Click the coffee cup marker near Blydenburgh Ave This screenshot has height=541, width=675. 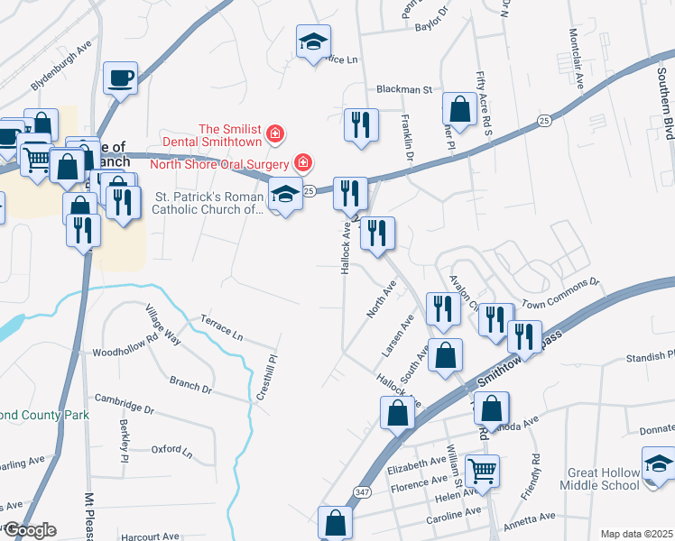pos(120,78)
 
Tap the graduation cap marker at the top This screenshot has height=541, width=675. pos(314,41)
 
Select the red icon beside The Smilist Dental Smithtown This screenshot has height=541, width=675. pos(275,135)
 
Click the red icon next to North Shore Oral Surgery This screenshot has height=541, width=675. pos(304,163)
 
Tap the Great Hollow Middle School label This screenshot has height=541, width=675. pos(604,479)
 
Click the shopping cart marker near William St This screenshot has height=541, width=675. pos(483,471)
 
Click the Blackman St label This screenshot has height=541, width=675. pos(405,90)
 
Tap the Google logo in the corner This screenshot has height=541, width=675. pos(29,530)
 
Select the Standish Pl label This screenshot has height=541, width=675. pos(650,359)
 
